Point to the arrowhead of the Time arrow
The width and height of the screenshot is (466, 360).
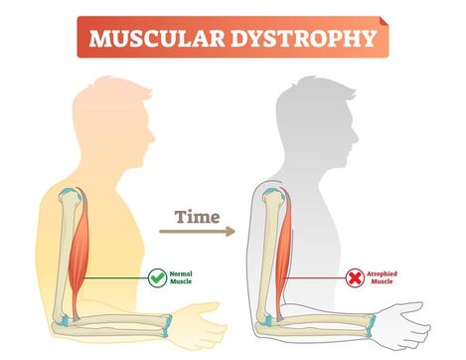230,232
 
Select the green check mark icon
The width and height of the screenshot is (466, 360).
156,279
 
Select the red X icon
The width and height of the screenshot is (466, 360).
354,279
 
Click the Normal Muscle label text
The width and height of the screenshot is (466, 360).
183,279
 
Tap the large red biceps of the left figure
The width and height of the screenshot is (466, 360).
85,244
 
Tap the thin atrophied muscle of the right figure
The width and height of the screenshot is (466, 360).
288,244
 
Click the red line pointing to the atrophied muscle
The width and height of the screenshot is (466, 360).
320,279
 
